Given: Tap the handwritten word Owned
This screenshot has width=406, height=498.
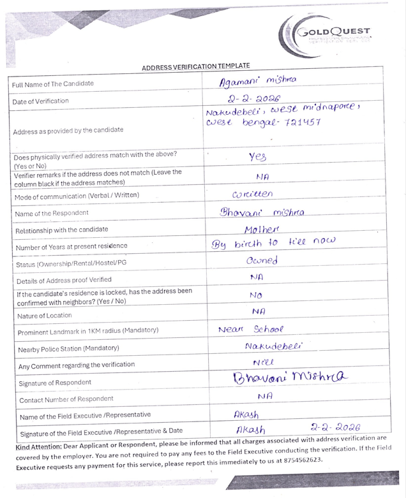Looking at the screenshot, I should tap(260, 261).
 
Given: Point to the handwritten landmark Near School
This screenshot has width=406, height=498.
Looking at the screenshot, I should tap(250, 330).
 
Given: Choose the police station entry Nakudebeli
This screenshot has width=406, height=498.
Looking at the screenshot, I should tap(273, 346).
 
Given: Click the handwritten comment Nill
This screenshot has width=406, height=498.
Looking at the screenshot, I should tap(262, 362).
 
